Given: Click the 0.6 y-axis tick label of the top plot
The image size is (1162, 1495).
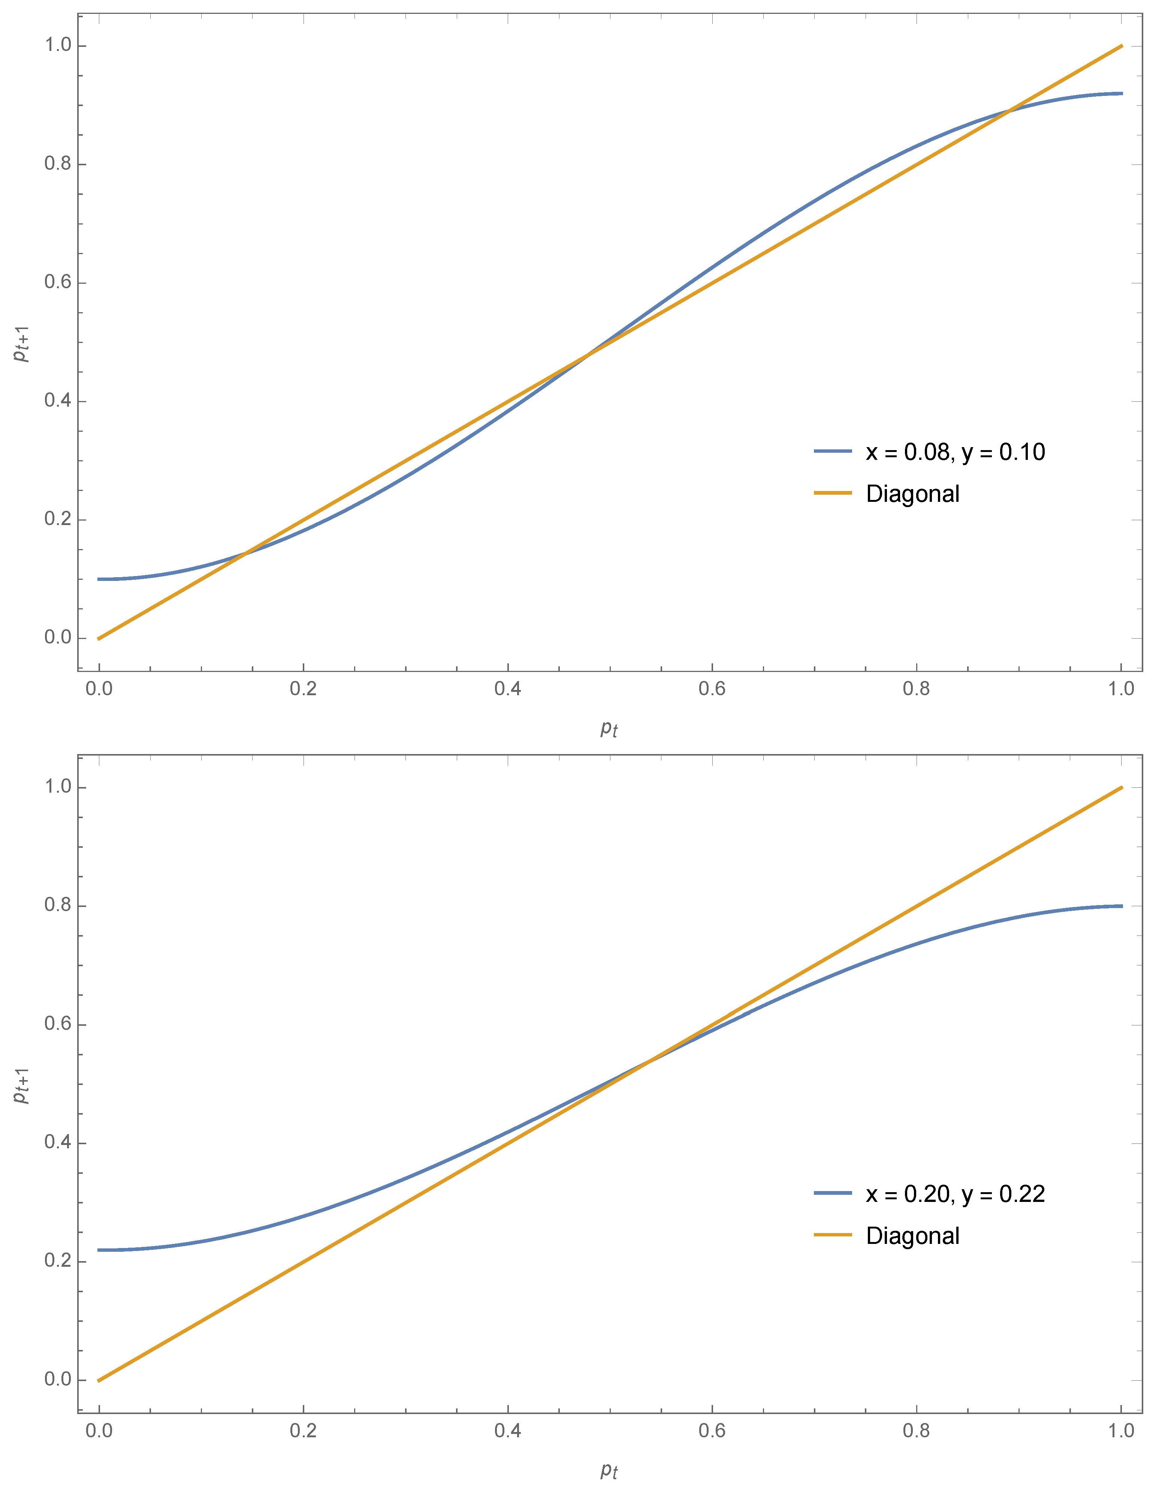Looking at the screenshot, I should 58,283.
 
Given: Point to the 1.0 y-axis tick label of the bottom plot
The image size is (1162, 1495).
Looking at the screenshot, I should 58,787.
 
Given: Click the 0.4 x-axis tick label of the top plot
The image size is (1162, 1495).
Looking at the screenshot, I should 507,688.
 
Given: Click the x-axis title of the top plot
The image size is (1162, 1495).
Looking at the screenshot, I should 609,728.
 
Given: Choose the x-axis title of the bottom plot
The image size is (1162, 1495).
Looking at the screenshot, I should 609,1470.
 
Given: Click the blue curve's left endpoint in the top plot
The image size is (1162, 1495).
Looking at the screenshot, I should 99,579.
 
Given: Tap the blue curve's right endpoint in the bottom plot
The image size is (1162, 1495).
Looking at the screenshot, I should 1121,906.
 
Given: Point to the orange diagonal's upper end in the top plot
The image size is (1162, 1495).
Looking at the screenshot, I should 1121,46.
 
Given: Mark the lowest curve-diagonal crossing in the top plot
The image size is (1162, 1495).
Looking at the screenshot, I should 244,553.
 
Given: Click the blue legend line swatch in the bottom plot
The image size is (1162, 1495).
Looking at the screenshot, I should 832,1193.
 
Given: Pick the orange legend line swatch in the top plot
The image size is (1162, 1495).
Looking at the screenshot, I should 832,494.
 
